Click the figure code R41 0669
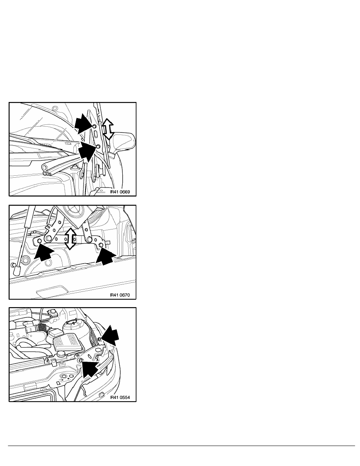pyautogui.click(x=120, y=192)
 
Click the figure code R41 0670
pyautogui.click(x=120, y=295)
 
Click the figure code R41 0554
pyautogui.click(x=120, y=398)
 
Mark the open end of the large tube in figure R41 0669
pyautogui.click(x=45, y=166)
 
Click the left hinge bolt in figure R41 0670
pyautogui.click(x=39, y=240)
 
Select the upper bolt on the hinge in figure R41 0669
pyautogui.click(x=95, y=127)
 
